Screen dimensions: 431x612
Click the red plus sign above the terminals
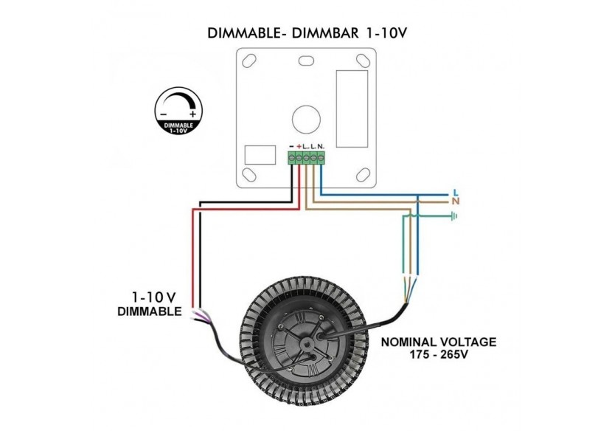(x=299, y=147)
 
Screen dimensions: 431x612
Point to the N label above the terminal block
(x=321, y=147)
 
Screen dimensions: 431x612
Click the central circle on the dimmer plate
(x=305, y=118)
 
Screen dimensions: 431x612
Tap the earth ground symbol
(x=455, y=216)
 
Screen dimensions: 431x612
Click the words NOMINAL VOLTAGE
(x=438, y=342)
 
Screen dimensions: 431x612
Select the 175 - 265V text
(x=438, y=356)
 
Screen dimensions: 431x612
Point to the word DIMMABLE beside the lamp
(x=150, y=311)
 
